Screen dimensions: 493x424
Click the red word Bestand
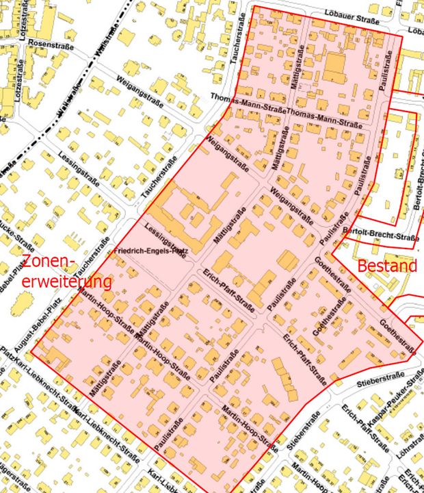coord(387,266)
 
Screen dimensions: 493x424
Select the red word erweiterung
coord(66,281)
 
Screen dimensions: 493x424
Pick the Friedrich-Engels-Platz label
coord(151,251)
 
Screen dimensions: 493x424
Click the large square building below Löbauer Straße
coord(335,68)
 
